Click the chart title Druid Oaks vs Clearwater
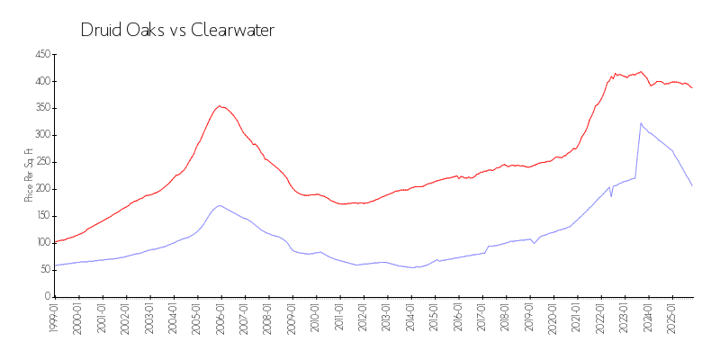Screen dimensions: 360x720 [177, 30]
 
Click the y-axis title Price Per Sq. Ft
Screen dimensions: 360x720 [29, 175]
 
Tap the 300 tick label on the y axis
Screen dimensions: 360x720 [40, 135]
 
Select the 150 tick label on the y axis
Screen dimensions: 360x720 [40, 216]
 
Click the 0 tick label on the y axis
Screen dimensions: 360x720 [46, 296]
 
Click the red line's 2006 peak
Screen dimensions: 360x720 [220, 105]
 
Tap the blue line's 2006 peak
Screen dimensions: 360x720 [220, 205]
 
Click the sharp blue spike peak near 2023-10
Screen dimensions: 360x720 [641, 123]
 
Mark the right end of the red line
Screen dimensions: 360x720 [692, 87]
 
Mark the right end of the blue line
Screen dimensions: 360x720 [692, 185]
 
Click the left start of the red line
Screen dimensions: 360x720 [55, 242]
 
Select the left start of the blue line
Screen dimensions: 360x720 [55, 265]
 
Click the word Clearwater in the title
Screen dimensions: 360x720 [233, 30]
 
